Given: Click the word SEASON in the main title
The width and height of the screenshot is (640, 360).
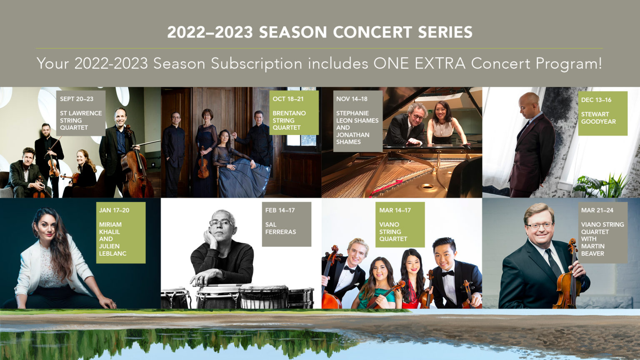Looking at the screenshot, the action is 292,32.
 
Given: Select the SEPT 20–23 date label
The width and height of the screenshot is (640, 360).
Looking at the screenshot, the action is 77,99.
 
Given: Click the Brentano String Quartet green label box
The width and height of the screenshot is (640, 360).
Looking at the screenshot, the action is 294,112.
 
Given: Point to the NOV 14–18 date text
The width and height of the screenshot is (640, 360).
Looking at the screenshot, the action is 352,99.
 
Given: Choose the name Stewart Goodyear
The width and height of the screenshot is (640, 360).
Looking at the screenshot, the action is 598,118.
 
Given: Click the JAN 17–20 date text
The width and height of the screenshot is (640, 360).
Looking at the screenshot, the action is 114,210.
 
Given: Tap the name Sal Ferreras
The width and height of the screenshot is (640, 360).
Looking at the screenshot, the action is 280,228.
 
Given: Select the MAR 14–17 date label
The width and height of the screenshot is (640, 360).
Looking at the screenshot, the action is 395,210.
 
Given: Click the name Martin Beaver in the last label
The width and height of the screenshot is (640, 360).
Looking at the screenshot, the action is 593,250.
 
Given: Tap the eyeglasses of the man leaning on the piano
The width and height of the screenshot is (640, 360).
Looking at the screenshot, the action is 418,117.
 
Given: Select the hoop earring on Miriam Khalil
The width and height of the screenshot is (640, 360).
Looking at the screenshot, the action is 37,234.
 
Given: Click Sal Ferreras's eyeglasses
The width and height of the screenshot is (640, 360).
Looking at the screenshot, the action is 220,222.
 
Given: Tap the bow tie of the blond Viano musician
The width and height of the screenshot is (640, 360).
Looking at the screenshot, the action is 349,269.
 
